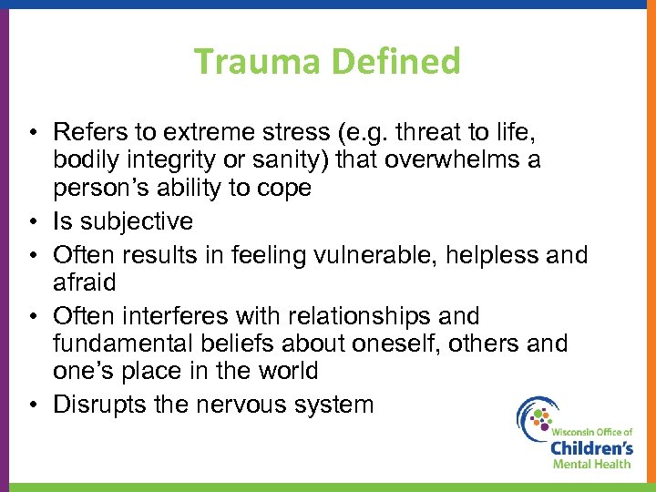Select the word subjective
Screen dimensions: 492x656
coord(136,221)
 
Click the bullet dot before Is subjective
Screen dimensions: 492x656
coord(33,221)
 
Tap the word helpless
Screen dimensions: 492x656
coord(497,254)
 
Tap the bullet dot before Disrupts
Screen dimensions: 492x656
coord(33,404)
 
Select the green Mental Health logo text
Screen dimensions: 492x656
coord(591,464)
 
